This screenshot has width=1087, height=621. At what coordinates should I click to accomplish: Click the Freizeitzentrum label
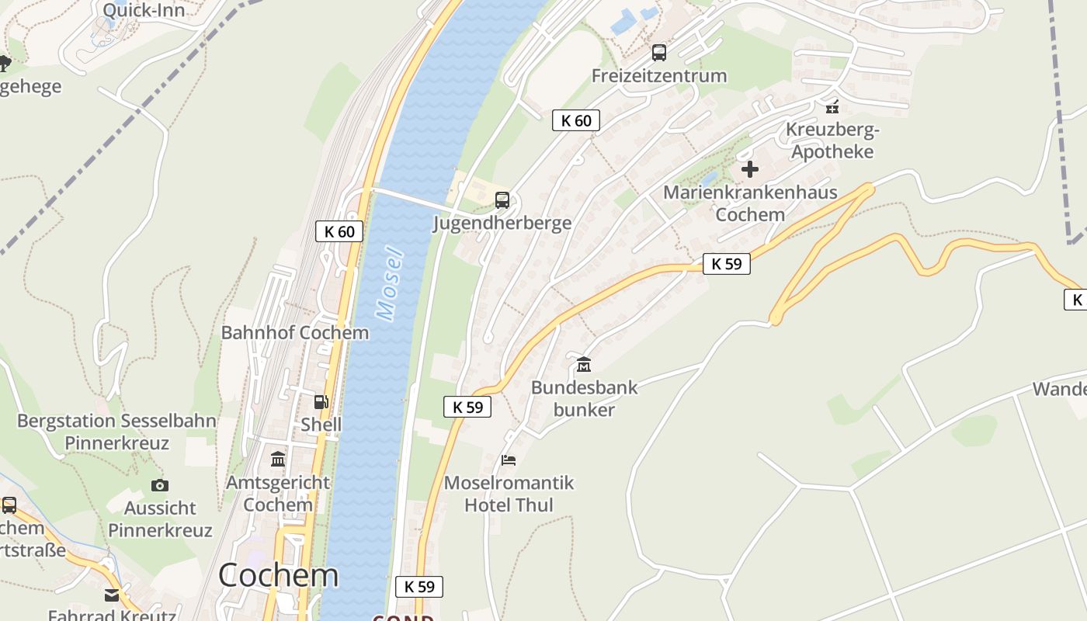pos(659,76)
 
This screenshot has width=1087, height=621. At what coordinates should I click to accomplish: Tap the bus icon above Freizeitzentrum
pos(659,53)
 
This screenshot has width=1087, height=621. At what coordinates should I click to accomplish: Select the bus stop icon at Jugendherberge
pos(502,200)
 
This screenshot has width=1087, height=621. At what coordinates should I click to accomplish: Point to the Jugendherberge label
pos(502,224)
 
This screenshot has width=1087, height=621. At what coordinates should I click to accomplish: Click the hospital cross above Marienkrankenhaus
pos(750,168)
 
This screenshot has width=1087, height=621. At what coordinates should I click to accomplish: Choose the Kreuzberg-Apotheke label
pos(832,141)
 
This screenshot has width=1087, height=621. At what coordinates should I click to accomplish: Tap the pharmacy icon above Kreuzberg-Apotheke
pos(832,106)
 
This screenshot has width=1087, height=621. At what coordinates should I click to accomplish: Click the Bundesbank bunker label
pos(584,398)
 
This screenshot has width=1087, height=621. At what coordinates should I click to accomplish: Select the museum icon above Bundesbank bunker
pos(584,364)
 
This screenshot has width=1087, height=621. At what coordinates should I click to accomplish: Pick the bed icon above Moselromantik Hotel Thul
pos(509,460)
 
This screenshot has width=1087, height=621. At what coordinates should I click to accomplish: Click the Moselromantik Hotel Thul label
pos(509,494)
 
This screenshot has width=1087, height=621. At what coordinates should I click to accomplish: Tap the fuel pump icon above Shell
pos(321,402)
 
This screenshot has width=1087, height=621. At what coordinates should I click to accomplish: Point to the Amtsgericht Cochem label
pos(278,493)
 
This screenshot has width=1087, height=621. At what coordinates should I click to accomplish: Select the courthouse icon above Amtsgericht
pos(278,459)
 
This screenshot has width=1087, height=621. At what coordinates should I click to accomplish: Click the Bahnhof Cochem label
pos(295,333)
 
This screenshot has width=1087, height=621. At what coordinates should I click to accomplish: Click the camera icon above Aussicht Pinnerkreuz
pos(160,485)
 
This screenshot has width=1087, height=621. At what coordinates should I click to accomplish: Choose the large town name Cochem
pos(278,575)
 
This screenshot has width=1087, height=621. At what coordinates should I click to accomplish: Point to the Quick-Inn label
pos(144,10)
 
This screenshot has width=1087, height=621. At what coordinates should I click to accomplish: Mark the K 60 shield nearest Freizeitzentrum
pos(576,120)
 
